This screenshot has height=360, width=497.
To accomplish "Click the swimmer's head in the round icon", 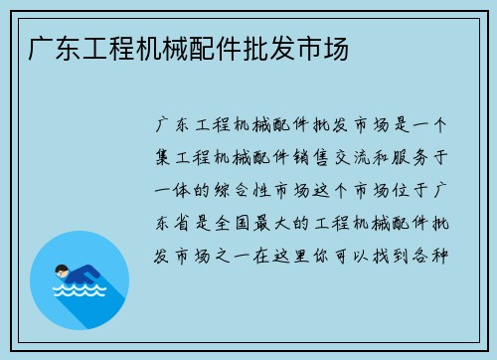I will tap(61, 270).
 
